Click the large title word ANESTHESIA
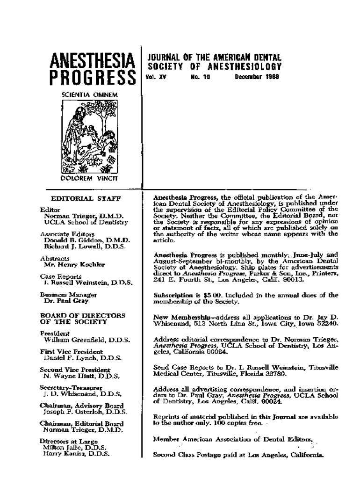(92, 60)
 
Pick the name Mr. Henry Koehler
(72, 264)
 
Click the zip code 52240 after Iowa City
(327, 323)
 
